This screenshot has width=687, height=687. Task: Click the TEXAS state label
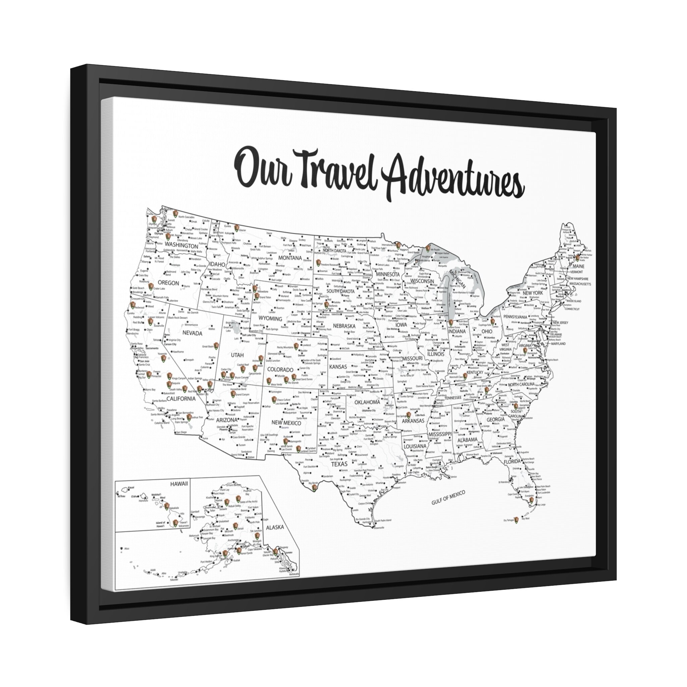pos(339,464)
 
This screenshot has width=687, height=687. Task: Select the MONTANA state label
pos(290,258)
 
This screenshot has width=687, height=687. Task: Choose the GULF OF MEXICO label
pos(448,497)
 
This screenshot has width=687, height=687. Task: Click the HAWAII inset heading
pos(178,484)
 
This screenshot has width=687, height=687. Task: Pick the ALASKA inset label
pos(275,527)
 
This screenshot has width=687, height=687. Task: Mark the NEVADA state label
pos(192,333)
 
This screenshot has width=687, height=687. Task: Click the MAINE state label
pos(578,266)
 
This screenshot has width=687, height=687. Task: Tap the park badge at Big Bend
pos(314,488)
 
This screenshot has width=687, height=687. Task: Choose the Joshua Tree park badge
pos(190,416)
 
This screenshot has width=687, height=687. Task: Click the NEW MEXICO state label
pos(286,423)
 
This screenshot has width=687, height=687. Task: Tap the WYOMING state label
pos(270,319)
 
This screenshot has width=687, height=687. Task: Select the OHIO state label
pos(487,331)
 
